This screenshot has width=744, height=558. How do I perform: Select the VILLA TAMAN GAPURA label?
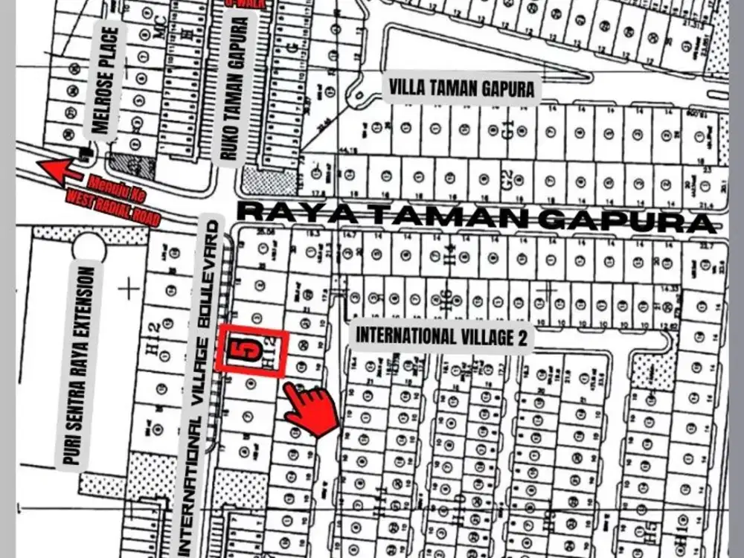pyautogui.click(x=461, y=89)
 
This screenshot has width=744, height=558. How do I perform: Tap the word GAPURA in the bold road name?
pyautogui.click(x=635, y=218)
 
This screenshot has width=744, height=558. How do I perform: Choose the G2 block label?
pyautogui.click(x=506, y=179)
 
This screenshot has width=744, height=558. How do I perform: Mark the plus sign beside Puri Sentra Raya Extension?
pyautogui.click(x=129, y=288)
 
